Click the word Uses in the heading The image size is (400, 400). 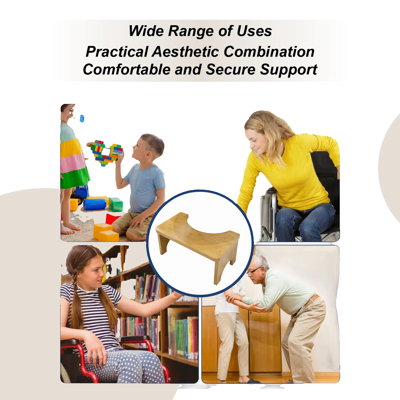(x=254, y=31)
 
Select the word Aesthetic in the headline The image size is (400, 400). (x=185, y=52)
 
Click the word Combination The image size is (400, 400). (x=269, y=52)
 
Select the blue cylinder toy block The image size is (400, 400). (x=95, y=204)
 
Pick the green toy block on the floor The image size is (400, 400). (x=115, y=205)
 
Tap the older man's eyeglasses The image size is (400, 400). (x=254, y=271)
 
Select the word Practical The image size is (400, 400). (x=117, y=52)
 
